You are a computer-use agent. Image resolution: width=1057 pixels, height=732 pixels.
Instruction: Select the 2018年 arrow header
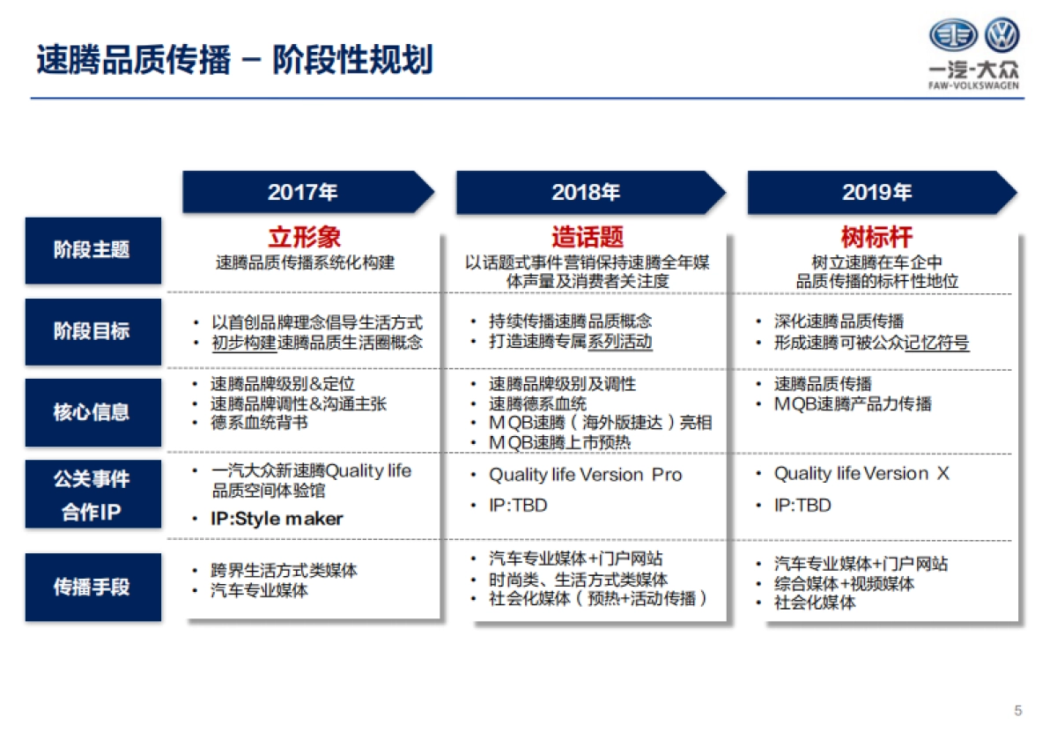tap(586, 192)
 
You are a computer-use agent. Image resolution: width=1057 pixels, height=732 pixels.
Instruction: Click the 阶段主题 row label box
tap(92, 250)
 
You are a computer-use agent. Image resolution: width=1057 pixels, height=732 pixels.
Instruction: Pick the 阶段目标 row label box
tap(92, 331)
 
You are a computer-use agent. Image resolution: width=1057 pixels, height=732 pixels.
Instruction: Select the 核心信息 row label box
tap(92, 411)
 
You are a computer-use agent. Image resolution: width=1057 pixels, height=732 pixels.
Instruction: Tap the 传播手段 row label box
tap(92, 587)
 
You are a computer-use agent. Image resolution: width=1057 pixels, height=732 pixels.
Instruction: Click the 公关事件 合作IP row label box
tap(92, 494)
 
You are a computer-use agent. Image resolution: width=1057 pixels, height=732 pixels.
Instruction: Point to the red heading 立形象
tap(305, 237)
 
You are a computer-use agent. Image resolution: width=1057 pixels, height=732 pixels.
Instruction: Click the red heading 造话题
tap(588, 237)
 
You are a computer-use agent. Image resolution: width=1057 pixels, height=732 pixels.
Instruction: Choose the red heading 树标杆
tap(876, 237)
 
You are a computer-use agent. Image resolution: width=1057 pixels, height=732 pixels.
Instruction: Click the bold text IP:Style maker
tap(277, 519)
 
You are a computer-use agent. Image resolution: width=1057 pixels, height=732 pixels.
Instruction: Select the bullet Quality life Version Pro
tap(586, 475)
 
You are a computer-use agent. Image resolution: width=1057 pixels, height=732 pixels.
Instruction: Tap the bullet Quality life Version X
tap(861, 474)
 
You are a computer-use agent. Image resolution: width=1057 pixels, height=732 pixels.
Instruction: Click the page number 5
tap(1018, 710)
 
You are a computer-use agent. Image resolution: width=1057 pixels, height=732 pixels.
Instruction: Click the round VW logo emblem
tap(1002, 36)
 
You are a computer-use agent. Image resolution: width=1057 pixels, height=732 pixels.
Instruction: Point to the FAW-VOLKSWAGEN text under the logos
tap(974, 86)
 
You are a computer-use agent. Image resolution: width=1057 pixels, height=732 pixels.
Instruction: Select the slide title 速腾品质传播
tap(133, 61)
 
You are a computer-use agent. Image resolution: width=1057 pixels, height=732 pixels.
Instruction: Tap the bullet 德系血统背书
tap(259, 423)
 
